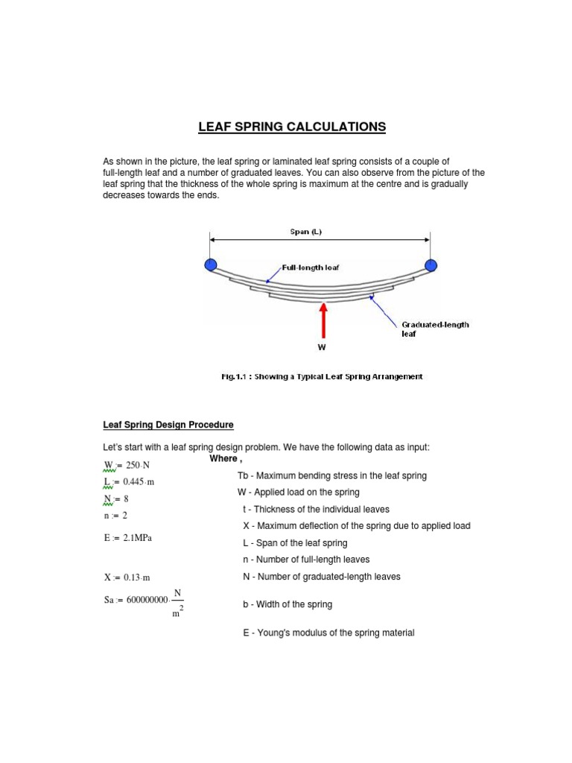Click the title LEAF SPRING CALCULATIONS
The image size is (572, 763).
click(x=292, y=127)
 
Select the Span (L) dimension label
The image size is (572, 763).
click(x=305, y=232)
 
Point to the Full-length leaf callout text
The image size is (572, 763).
click(x=311, y=267)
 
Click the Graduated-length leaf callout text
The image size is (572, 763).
click(x=435, y=329)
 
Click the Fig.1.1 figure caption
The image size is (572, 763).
click(x=322, y=377)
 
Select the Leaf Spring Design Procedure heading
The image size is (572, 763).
click(x=168, y=425)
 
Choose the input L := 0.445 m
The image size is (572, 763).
click(x=129, y=482)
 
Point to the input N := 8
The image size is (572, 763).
click(x=117, y=498)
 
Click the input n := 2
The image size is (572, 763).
click(x=116, y=515)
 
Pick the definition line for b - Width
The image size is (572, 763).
click(x=287, y=604)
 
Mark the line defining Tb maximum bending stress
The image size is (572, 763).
click(x=331, y=475)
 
